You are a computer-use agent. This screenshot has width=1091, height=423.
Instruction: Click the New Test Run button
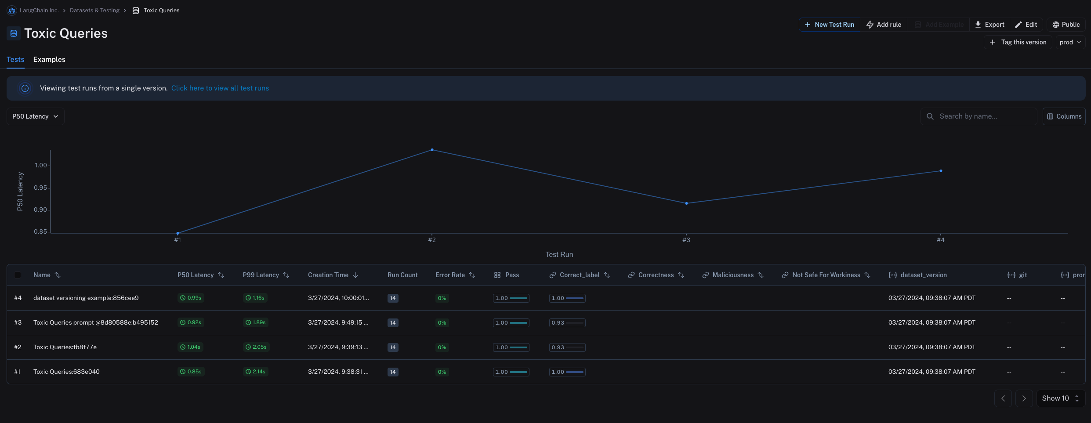pyautogui.click(x=829, y=25)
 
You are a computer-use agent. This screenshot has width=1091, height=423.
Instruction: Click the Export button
pyautogui.click(x=990, y=25)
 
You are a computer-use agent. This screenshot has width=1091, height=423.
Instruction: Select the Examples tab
pyautogui.click(x=49, y=59)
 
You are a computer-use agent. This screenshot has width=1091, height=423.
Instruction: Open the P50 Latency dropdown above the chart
pyautogui.click(x=35, y=116)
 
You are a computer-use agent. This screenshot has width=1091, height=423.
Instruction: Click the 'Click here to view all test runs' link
pyautogui.click(x=220, y=88)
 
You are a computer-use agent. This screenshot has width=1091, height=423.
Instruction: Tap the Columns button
pyautogui.click(x=1064, y=116)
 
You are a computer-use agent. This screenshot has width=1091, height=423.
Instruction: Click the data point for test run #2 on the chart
pyautogui.click(x=432, y=150)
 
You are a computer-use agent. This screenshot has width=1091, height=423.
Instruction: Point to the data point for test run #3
pyautogui.click(x=686, y=203)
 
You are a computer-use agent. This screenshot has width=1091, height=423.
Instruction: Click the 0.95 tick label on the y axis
pyautogui.click(x=40, y=188)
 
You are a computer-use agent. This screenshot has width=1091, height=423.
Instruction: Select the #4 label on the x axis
pyautogui.click(x=940, y=240)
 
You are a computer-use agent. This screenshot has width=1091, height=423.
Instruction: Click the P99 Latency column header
pyautogui.click(x=261, y=275)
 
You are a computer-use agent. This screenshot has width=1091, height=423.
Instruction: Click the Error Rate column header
pyautogui.click(x=450, y=275)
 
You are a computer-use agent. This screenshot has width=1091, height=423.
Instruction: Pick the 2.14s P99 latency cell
pyautogui.click(x=256, y=372)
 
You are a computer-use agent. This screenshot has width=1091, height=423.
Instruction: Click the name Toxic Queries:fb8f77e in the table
pyautogui.click(x=65, y=347)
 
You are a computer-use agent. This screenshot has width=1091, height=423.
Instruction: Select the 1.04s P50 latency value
pyautogui.click(x=191, y=347)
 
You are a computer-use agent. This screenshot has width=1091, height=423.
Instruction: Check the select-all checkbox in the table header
pyautogui.click(x=18, y=275)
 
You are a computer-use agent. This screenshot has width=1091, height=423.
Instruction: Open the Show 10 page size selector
pyautogui.click(x=1060, y=398)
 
